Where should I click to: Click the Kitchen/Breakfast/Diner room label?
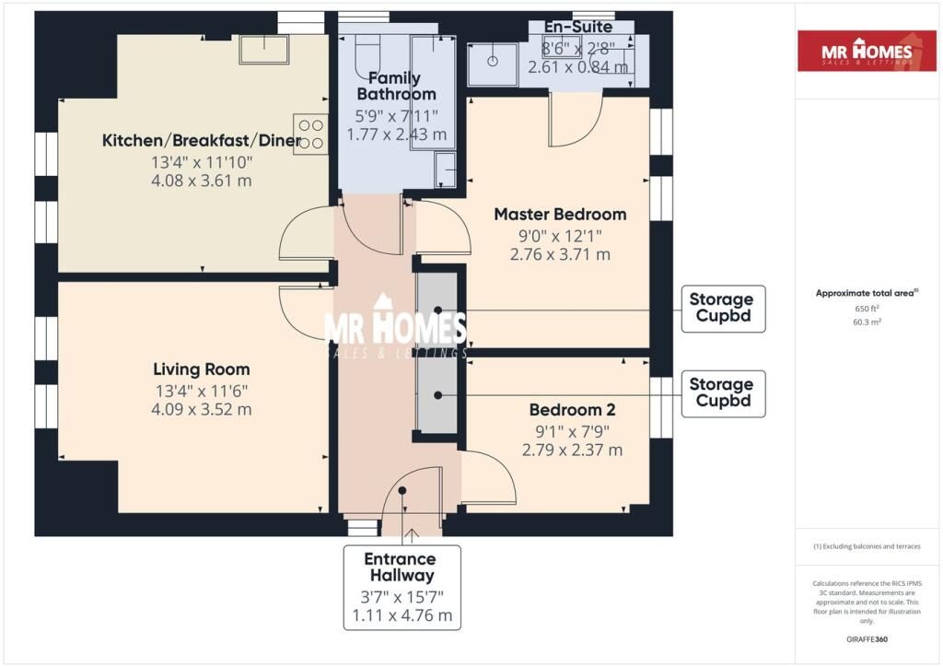tap(202, 141)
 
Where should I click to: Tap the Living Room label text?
tap(202, 369)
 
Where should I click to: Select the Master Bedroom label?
tap(560, 214)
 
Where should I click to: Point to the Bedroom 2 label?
tap(572, 410)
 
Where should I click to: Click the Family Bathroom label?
tap(396, 86)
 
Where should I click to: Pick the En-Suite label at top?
tap(578, 27)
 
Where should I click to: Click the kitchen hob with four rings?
tap(311, 135)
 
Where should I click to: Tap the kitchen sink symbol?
tap(264, 49)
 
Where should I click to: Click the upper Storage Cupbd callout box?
tap(723, 309)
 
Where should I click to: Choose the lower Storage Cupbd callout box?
tap(723, 393)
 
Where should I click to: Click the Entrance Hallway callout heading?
tap(402, 568)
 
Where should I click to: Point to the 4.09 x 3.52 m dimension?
tap(202, 410)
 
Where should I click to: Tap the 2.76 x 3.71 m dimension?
tap(560, 254)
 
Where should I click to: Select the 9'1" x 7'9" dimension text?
tap(572, 431)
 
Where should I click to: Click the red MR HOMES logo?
tap(867, 51)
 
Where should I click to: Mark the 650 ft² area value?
tap(867, 309)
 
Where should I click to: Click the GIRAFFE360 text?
tap(867, 639)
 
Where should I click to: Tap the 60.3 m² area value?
tap(867, 322)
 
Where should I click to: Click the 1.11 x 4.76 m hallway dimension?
tap(402, 616)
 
